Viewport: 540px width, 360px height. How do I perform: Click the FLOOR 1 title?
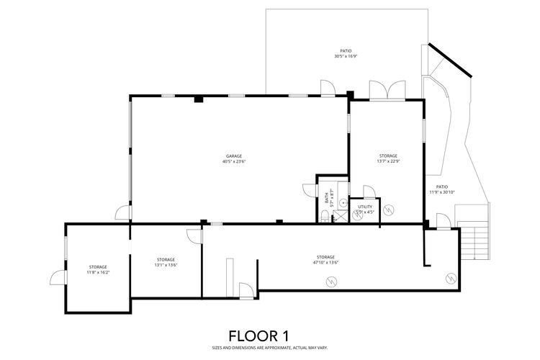coord(258,336)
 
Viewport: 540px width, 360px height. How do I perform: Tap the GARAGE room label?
coord(233,156)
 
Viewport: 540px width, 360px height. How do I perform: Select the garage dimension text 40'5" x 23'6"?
coord(233,162)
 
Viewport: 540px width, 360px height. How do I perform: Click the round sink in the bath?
coord(341,204)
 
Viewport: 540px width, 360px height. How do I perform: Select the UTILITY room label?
coord(365,207)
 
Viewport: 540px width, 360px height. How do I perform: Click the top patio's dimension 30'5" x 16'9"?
coord(345,56)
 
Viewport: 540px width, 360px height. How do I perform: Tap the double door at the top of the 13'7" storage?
coord(379,91)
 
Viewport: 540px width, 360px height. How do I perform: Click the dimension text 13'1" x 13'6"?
coord(166,265)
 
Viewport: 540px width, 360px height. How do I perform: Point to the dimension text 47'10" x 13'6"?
coord(325,263)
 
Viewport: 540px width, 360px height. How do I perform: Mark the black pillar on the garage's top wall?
coord(197,99)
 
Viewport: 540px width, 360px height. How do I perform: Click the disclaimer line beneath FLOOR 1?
coord(258,347)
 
